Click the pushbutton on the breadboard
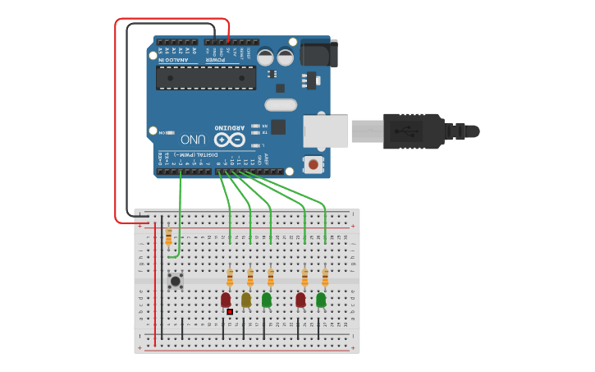175,281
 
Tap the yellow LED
246,300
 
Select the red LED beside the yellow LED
226,300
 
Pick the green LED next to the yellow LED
267,300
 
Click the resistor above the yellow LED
250,276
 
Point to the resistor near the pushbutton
168,237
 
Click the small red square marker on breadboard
230,312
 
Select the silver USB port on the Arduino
326,131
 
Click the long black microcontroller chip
206,78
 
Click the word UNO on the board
193,139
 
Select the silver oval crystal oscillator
280,104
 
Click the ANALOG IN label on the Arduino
177,59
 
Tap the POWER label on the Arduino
216,59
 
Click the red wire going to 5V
116,123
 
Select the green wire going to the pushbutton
180,214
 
